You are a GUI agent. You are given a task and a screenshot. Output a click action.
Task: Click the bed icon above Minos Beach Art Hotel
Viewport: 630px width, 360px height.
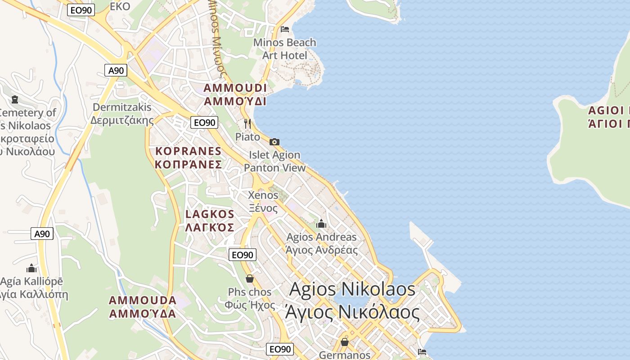coord(284,29)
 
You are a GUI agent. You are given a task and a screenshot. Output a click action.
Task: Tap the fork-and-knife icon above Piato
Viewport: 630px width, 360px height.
coord(247,123)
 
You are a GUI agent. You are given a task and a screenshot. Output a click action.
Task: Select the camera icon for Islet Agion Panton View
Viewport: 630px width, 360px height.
coord(274,142)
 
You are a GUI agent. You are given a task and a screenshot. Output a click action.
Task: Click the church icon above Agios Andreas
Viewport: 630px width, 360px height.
coord(321,224)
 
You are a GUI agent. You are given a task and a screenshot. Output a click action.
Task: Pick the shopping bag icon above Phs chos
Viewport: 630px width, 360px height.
coord(250,279)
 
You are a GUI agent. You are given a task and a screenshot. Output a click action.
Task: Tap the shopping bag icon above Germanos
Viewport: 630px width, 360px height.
coord(345,342)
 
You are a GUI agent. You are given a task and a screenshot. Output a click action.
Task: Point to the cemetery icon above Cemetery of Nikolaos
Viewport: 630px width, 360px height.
coord(15,99)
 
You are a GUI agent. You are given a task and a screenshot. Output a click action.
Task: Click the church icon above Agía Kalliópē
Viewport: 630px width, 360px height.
coord(31,269)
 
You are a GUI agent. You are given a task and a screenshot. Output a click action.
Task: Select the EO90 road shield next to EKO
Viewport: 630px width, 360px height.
coord(81,10)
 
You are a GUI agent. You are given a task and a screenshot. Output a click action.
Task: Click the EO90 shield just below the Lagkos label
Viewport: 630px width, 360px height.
coord(242,255)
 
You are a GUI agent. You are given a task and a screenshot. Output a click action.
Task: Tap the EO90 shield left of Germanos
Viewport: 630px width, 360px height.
coord(280,349)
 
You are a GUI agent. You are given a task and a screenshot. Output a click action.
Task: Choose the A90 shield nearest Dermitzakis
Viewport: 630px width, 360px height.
coord(116,70)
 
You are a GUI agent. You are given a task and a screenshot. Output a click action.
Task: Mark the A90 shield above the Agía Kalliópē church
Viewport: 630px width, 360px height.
coord(42,234)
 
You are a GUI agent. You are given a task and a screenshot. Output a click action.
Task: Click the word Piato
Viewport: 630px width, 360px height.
coord(247,136)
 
